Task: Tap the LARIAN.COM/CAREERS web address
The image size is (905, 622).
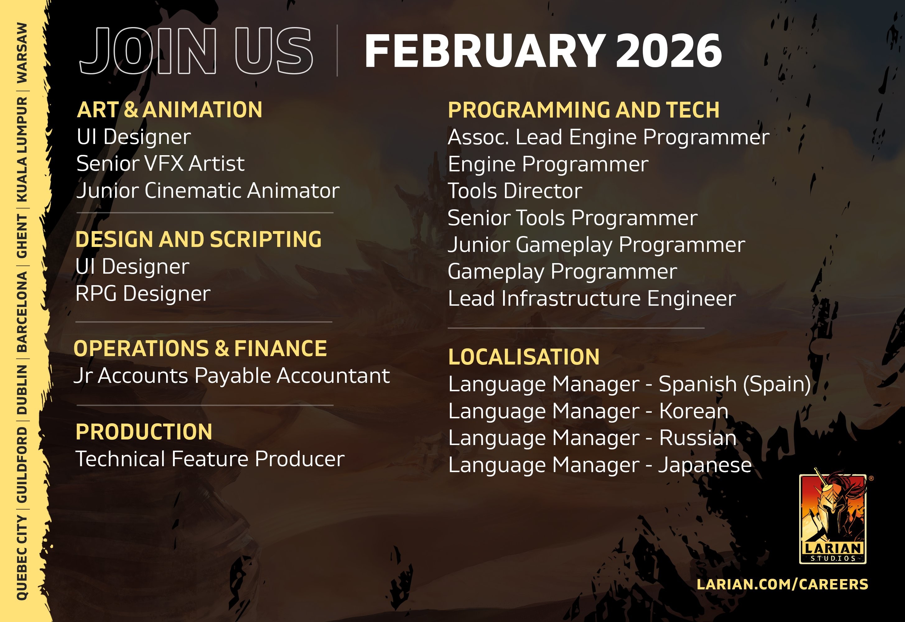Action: click(782, 584)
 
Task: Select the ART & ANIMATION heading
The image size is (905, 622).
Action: click(170, 109)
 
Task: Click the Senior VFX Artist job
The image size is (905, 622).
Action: click(160, 163)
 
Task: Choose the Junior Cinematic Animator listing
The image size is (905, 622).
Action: click(208, 191)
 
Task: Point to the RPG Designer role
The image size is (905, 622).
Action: click(143, 294)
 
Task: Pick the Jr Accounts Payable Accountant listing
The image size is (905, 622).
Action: click(231, 376)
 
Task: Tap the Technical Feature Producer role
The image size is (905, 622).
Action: click(210, 459)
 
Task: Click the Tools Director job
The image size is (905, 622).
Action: click(515, 191)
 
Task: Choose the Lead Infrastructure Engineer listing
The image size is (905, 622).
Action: click(592, 299)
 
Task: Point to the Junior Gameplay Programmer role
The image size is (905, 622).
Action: click(596, 245)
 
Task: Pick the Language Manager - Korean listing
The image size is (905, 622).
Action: click(588, 411)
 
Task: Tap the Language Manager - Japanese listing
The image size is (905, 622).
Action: click(600, 465)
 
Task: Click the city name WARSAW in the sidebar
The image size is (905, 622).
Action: click(22, 53)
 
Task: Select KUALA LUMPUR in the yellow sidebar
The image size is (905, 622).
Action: click(22, 149)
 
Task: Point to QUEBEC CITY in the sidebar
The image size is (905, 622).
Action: click(22, 557)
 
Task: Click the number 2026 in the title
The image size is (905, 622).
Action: click(669, 51)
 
